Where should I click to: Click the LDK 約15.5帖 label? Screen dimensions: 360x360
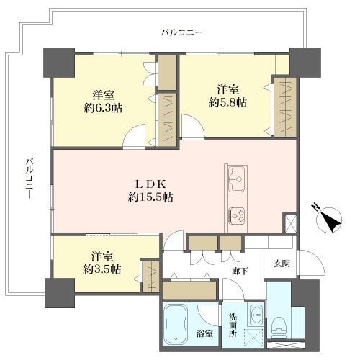click(150, 191)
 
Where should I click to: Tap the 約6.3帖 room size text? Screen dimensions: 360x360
click(103, 109)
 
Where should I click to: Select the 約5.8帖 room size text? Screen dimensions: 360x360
click(228, 103)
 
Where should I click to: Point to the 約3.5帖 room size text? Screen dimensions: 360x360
click(102, 269)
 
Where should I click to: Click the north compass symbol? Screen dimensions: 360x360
click(329, 220)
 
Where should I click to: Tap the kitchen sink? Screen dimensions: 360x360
click(237, 179)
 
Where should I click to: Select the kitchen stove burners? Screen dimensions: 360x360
click(237, 215)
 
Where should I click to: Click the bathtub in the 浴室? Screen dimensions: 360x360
click(176, 325)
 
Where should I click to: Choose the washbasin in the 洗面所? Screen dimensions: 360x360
click(256, 315)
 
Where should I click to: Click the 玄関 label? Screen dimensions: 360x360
click(282, 264)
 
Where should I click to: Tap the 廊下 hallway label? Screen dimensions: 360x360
click(240, 271)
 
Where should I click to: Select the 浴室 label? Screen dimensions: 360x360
click(204, 333)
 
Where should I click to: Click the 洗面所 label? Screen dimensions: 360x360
click(233, 325)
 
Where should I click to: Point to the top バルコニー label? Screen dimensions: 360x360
click(181, 32)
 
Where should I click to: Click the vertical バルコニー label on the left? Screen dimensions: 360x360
click(30, 179)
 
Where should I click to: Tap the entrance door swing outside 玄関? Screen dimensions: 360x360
click(311, 263)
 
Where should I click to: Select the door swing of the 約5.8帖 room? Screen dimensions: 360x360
click(193, 127)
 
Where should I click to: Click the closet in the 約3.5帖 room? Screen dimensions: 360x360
click(150, 276)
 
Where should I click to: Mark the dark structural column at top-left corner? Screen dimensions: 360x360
click(59, 63)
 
